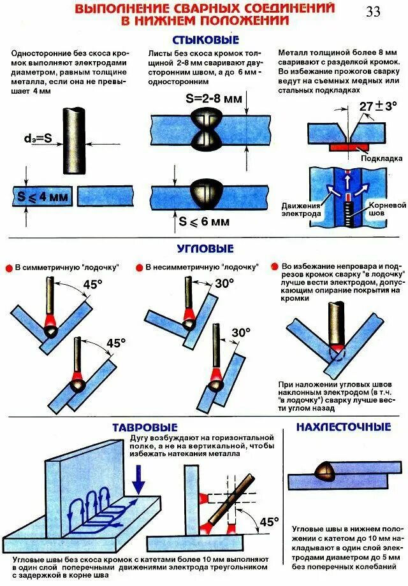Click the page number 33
point(373,12)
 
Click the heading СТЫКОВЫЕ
point(204,39)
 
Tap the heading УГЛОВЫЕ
point(205,248)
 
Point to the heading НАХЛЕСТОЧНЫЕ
point(343,426)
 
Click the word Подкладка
point(381,157)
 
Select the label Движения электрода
point(302,210)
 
